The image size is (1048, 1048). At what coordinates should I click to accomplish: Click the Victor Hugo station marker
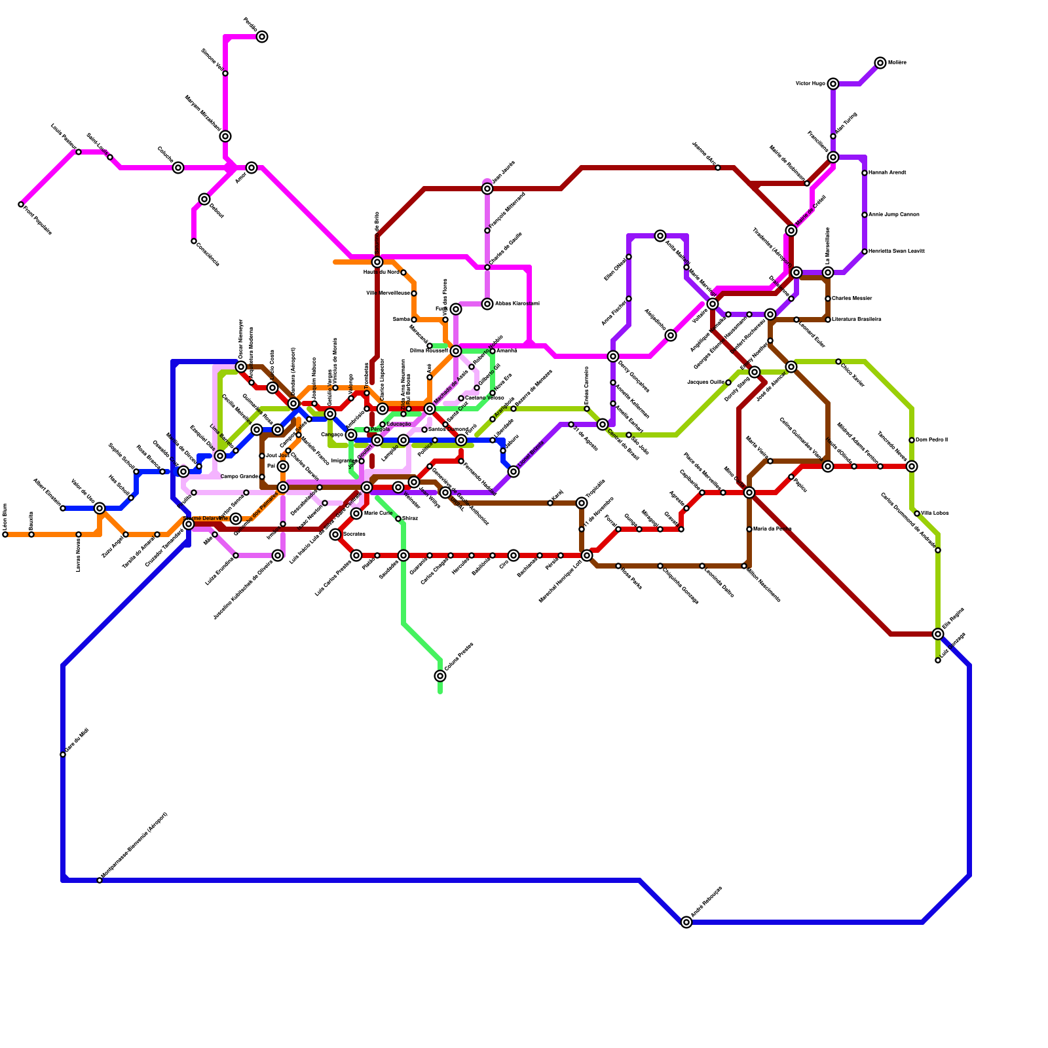tap(833, 84)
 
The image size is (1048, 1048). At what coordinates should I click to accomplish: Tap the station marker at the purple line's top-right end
tap(880, 63)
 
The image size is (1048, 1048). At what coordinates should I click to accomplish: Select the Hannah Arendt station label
tap(888, 173)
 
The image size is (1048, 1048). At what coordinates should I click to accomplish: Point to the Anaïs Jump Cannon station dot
tap(865, 215)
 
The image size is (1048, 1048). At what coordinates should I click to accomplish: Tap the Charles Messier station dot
tap(828, 299)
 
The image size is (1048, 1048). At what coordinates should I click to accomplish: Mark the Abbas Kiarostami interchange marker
tap(487, 304)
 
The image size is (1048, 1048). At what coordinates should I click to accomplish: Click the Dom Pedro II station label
tap(931, 440)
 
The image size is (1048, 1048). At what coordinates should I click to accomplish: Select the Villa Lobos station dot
tap(917, 514)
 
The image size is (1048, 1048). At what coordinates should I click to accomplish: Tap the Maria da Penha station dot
tap(749, 529)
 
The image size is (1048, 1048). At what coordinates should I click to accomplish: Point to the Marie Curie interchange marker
tap(356, 514)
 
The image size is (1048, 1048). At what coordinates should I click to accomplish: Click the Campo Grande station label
tap(240, 477)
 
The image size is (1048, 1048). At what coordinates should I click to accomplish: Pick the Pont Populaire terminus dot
tap(21, 205)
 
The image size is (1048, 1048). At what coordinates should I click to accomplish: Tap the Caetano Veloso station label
tap(485, 398)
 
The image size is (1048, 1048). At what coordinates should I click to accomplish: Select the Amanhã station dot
tap(493, 351)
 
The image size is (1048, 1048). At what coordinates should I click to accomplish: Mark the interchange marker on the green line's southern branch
tap(440, 676)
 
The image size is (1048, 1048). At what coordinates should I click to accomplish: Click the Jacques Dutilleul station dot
tap(728, 383)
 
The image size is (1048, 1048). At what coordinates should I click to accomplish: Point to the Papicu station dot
tap(791, 477)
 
